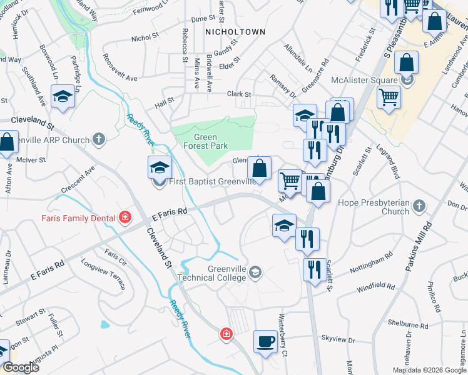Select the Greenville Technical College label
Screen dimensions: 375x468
[x=220, y=272]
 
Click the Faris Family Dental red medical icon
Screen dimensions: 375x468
[x=125, y=217]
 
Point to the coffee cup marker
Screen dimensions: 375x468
[x=265, y=341]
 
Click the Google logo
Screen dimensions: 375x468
[x=20, y=367]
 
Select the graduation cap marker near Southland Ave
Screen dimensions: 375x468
[x=62, y=98]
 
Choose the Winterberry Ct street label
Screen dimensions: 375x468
[x=283, y=344]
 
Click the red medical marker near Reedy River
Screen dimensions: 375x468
[x=226, y=335]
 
